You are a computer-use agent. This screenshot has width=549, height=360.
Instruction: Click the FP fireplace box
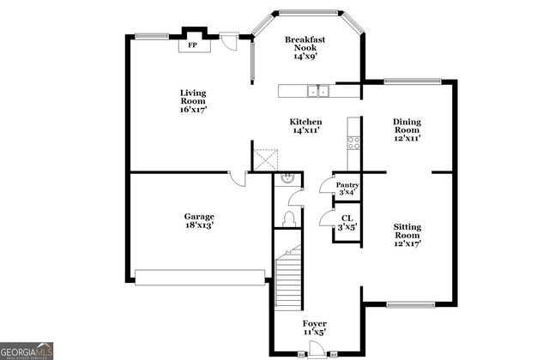pyautogui.click(x=193, y=45)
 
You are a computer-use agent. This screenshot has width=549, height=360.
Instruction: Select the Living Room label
pyautogui.click(x=193, y=100)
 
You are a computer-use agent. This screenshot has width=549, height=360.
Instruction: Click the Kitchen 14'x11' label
pyautogui.click(x=306, y=127)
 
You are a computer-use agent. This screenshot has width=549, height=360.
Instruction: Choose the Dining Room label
pyautogui.click(x=407, y=129)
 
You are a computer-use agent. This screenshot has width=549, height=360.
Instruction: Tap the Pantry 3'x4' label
pyautogui.click(x=347, y=189)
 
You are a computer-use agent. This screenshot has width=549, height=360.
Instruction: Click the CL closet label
pyautogui.click(x=347, y=223)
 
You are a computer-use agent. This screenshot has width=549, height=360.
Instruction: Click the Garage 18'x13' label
pyautogui.click(x=200, y=221)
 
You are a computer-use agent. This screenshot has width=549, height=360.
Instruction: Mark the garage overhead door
pyautogui.click(x=200, y=277)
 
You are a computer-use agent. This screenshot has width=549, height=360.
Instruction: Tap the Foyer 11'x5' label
pyautogui.click(x=314, y=327)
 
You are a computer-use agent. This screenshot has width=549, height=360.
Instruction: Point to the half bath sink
pyautogui.click(x=287, y=180)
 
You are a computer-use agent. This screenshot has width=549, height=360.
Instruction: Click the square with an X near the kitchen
pyautogui.click(x=265, y=160)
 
